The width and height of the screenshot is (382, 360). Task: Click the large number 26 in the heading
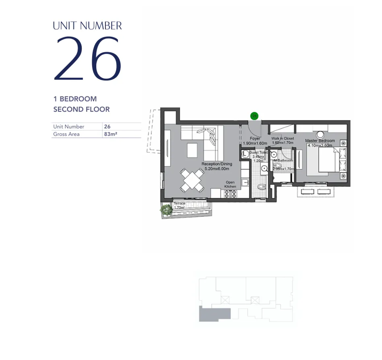coord(87,59)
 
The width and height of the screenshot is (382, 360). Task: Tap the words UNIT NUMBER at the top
coord(87,26)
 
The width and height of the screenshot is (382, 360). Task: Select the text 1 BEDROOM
coord(75,99)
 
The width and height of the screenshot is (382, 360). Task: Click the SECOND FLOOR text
coord(81,109)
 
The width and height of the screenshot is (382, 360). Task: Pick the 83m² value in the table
coord(110,134)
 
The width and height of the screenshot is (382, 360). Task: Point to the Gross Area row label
coord(66,134)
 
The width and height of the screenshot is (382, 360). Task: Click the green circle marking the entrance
coord(254,116)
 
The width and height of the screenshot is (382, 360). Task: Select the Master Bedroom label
coord(320,141)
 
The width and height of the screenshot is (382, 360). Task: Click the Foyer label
coord(255,139)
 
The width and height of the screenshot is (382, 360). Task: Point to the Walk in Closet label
coord(283,138)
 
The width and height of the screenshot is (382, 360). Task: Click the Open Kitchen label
coord(230,184)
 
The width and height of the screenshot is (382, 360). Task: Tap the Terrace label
coord(180,204)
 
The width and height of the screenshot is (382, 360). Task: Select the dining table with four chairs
coord(192,180)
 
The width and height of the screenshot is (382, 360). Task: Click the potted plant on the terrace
coord(166,210)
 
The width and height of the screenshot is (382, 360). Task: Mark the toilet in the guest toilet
coord(262,186)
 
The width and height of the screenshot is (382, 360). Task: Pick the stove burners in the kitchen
coord(230,194)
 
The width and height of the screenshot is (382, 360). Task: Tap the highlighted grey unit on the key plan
coord(214,313)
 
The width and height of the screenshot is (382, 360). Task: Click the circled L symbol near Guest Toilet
coord(244,153)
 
